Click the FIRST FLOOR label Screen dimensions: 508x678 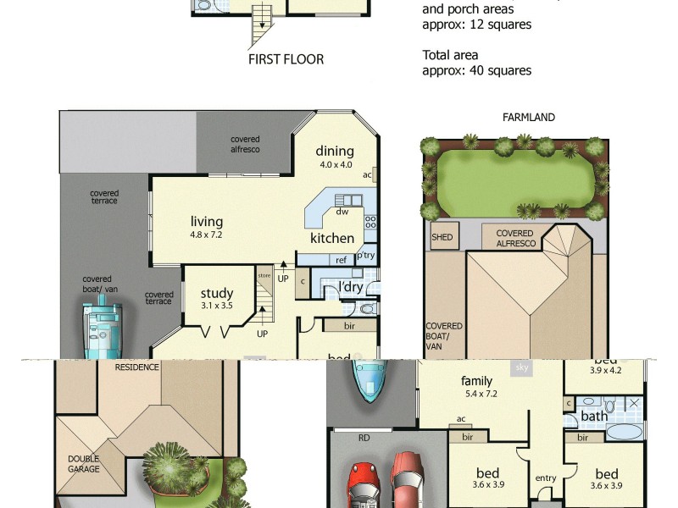tap(286, 59)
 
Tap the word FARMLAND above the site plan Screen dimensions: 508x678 tap(528, 118)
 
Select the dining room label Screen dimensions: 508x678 tap(335, 157)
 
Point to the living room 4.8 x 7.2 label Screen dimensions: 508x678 tap(206, 228)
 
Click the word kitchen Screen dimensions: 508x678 tap(332, 238)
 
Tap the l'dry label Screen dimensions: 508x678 tap(351, 288)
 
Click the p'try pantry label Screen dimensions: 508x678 tap(366, 255)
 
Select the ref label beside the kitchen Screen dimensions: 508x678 tap(342, 260)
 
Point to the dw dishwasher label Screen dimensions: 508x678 tap(342, 212)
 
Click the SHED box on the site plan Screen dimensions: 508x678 tap(442, 238)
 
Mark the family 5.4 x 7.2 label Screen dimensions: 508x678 tap(476, 386)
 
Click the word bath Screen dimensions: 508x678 tap(594, 417)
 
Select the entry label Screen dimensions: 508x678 tap(546, 478)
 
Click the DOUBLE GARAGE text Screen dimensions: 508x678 tap(84, 464)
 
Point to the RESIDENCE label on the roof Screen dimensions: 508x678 tap(137, 368)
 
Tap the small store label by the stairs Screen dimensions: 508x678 tap(264, 275)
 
